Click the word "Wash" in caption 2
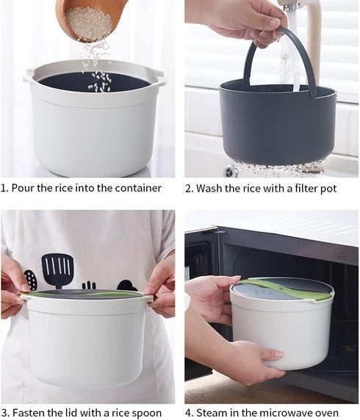pyautogui.click(x=211, y=188)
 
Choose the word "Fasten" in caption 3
pyautogui.click(x=29, y=412)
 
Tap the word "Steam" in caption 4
pyautogui.click(x=212, y=412)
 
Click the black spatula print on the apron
pyautogui.click(x=57, y=270)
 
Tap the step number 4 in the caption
pyautogui.click(x=188, y=412)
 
